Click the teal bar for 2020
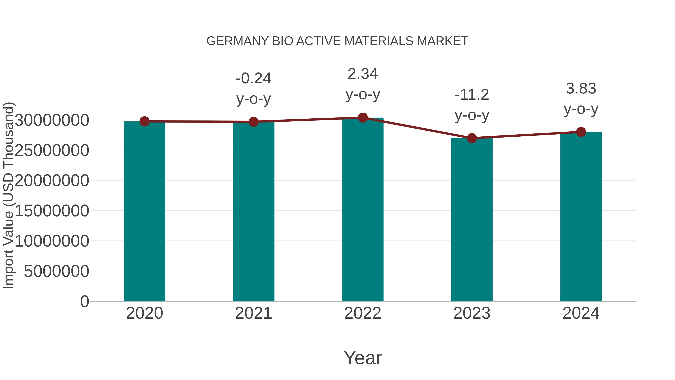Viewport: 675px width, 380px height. click(x=144, y=211)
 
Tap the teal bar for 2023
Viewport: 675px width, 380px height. click(x=472, y=220)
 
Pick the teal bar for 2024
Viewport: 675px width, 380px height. click(x=581, y=216)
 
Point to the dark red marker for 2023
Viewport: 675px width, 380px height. click(x=472, y=138)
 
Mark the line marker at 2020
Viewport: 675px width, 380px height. click(x=144, y=121)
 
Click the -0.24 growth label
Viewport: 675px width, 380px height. click(x=253, y=78)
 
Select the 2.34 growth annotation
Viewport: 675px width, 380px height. click(x=363, y=74)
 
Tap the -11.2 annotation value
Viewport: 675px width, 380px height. click(x=472, y=95)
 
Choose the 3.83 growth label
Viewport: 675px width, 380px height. click(x=581, y=88)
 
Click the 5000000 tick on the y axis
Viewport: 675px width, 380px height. click(x=56, y=271)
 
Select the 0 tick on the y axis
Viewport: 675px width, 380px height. click(x=85, y=301)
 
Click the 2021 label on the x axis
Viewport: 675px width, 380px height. click(x=253, y=313)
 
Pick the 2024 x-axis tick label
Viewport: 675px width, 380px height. click(x=581, y=313)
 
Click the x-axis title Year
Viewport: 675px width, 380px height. click(x=363, y=358)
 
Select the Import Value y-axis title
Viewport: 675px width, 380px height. click(x=8, y=195)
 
